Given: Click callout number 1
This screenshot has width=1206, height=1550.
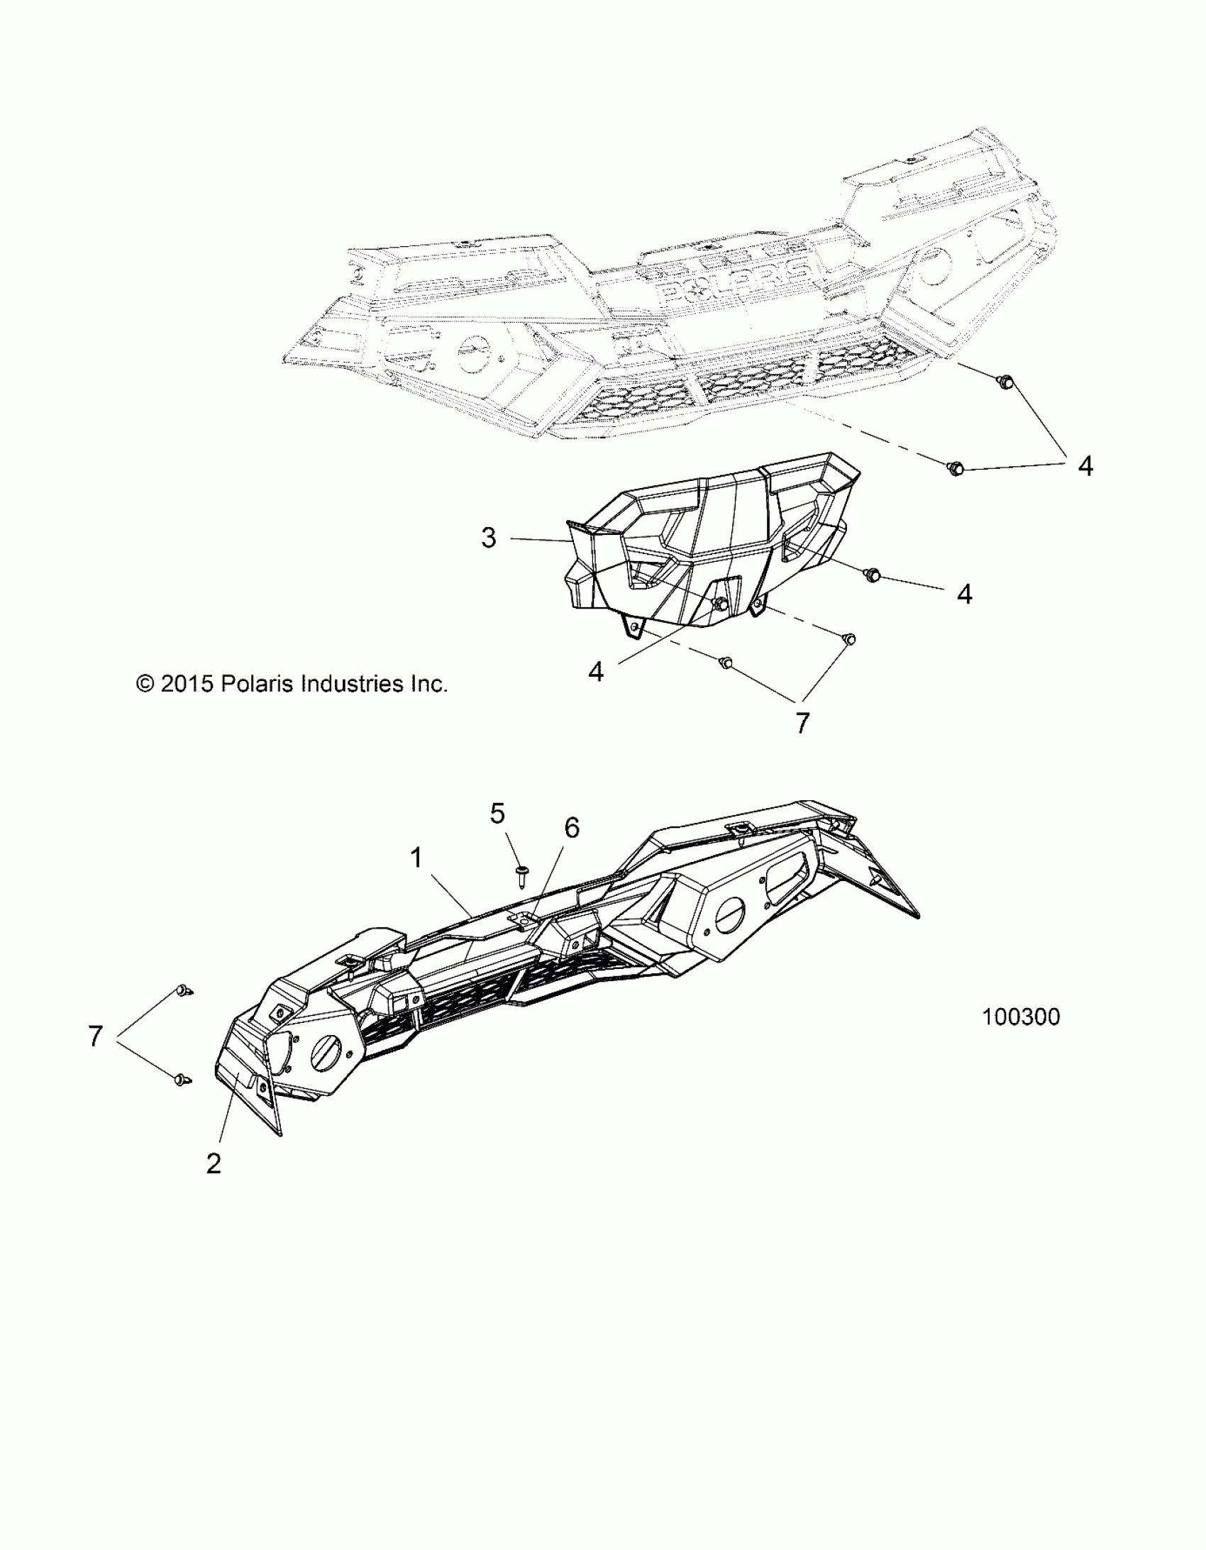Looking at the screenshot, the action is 416,858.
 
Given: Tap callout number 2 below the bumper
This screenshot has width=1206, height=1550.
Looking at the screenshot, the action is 213,1163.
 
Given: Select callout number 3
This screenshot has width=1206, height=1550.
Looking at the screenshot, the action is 488,538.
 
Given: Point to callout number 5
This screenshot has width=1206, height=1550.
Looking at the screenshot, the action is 497,814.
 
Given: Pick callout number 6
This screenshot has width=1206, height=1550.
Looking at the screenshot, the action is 571,828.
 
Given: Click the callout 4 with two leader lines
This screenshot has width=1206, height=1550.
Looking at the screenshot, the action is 1085,466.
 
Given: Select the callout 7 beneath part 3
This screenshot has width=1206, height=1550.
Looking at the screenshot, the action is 802,723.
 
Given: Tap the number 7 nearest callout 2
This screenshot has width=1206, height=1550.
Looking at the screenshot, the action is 96,1036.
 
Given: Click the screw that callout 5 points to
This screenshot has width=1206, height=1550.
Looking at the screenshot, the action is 522,875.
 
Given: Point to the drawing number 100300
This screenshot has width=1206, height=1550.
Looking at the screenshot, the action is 1021,1017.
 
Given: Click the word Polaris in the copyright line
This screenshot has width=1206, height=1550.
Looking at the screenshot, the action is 258,684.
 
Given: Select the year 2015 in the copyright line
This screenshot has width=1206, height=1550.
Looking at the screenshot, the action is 187,684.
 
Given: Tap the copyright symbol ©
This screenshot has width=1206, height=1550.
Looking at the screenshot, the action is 145,684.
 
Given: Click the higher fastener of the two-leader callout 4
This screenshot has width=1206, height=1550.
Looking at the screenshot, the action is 1006,382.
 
